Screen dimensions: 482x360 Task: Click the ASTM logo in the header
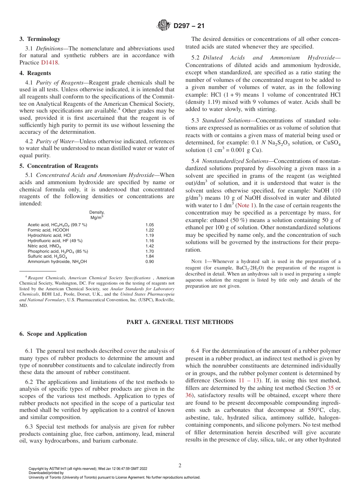pyautogui.click(x=164, y=26)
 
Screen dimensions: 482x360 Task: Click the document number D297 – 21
pyautogui.click(x=188, y=26)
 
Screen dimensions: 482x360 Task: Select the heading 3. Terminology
pyautogui.click(x=40, y=39)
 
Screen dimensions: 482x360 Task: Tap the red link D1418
pyautogui.click(x=50, y=63)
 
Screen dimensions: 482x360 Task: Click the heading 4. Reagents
pyautogui.click(x=35, y=73)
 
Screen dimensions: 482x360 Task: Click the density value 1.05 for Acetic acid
pyautogui.click(x=150, y=225)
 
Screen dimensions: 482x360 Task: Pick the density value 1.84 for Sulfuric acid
pyautogui.click(x=150, y=257)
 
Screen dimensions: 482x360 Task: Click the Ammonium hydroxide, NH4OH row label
pyautogui.click(x=57, y=262)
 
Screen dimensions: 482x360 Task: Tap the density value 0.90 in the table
pyautogui.click(x=150, y=262)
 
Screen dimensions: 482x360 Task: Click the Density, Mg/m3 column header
pyautogui.click(x=97, y=215)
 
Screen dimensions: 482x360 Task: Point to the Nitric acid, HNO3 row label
pyautogui.click(x=44, y=246)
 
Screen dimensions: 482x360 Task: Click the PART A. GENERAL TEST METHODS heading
pyautogui.click(x=180, y=322)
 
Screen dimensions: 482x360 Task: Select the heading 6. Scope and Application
pyautogui.click(x=53, y=334)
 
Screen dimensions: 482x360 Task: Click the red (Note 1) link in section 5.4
pyautogui.click(x=246, y=205)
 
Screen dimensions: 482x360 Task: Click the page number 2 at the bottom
pyautogui.click(x=180, y=465)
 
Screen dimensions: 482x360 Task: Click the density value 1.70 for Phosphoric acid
pyautogui.click(x=150, y=251)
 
